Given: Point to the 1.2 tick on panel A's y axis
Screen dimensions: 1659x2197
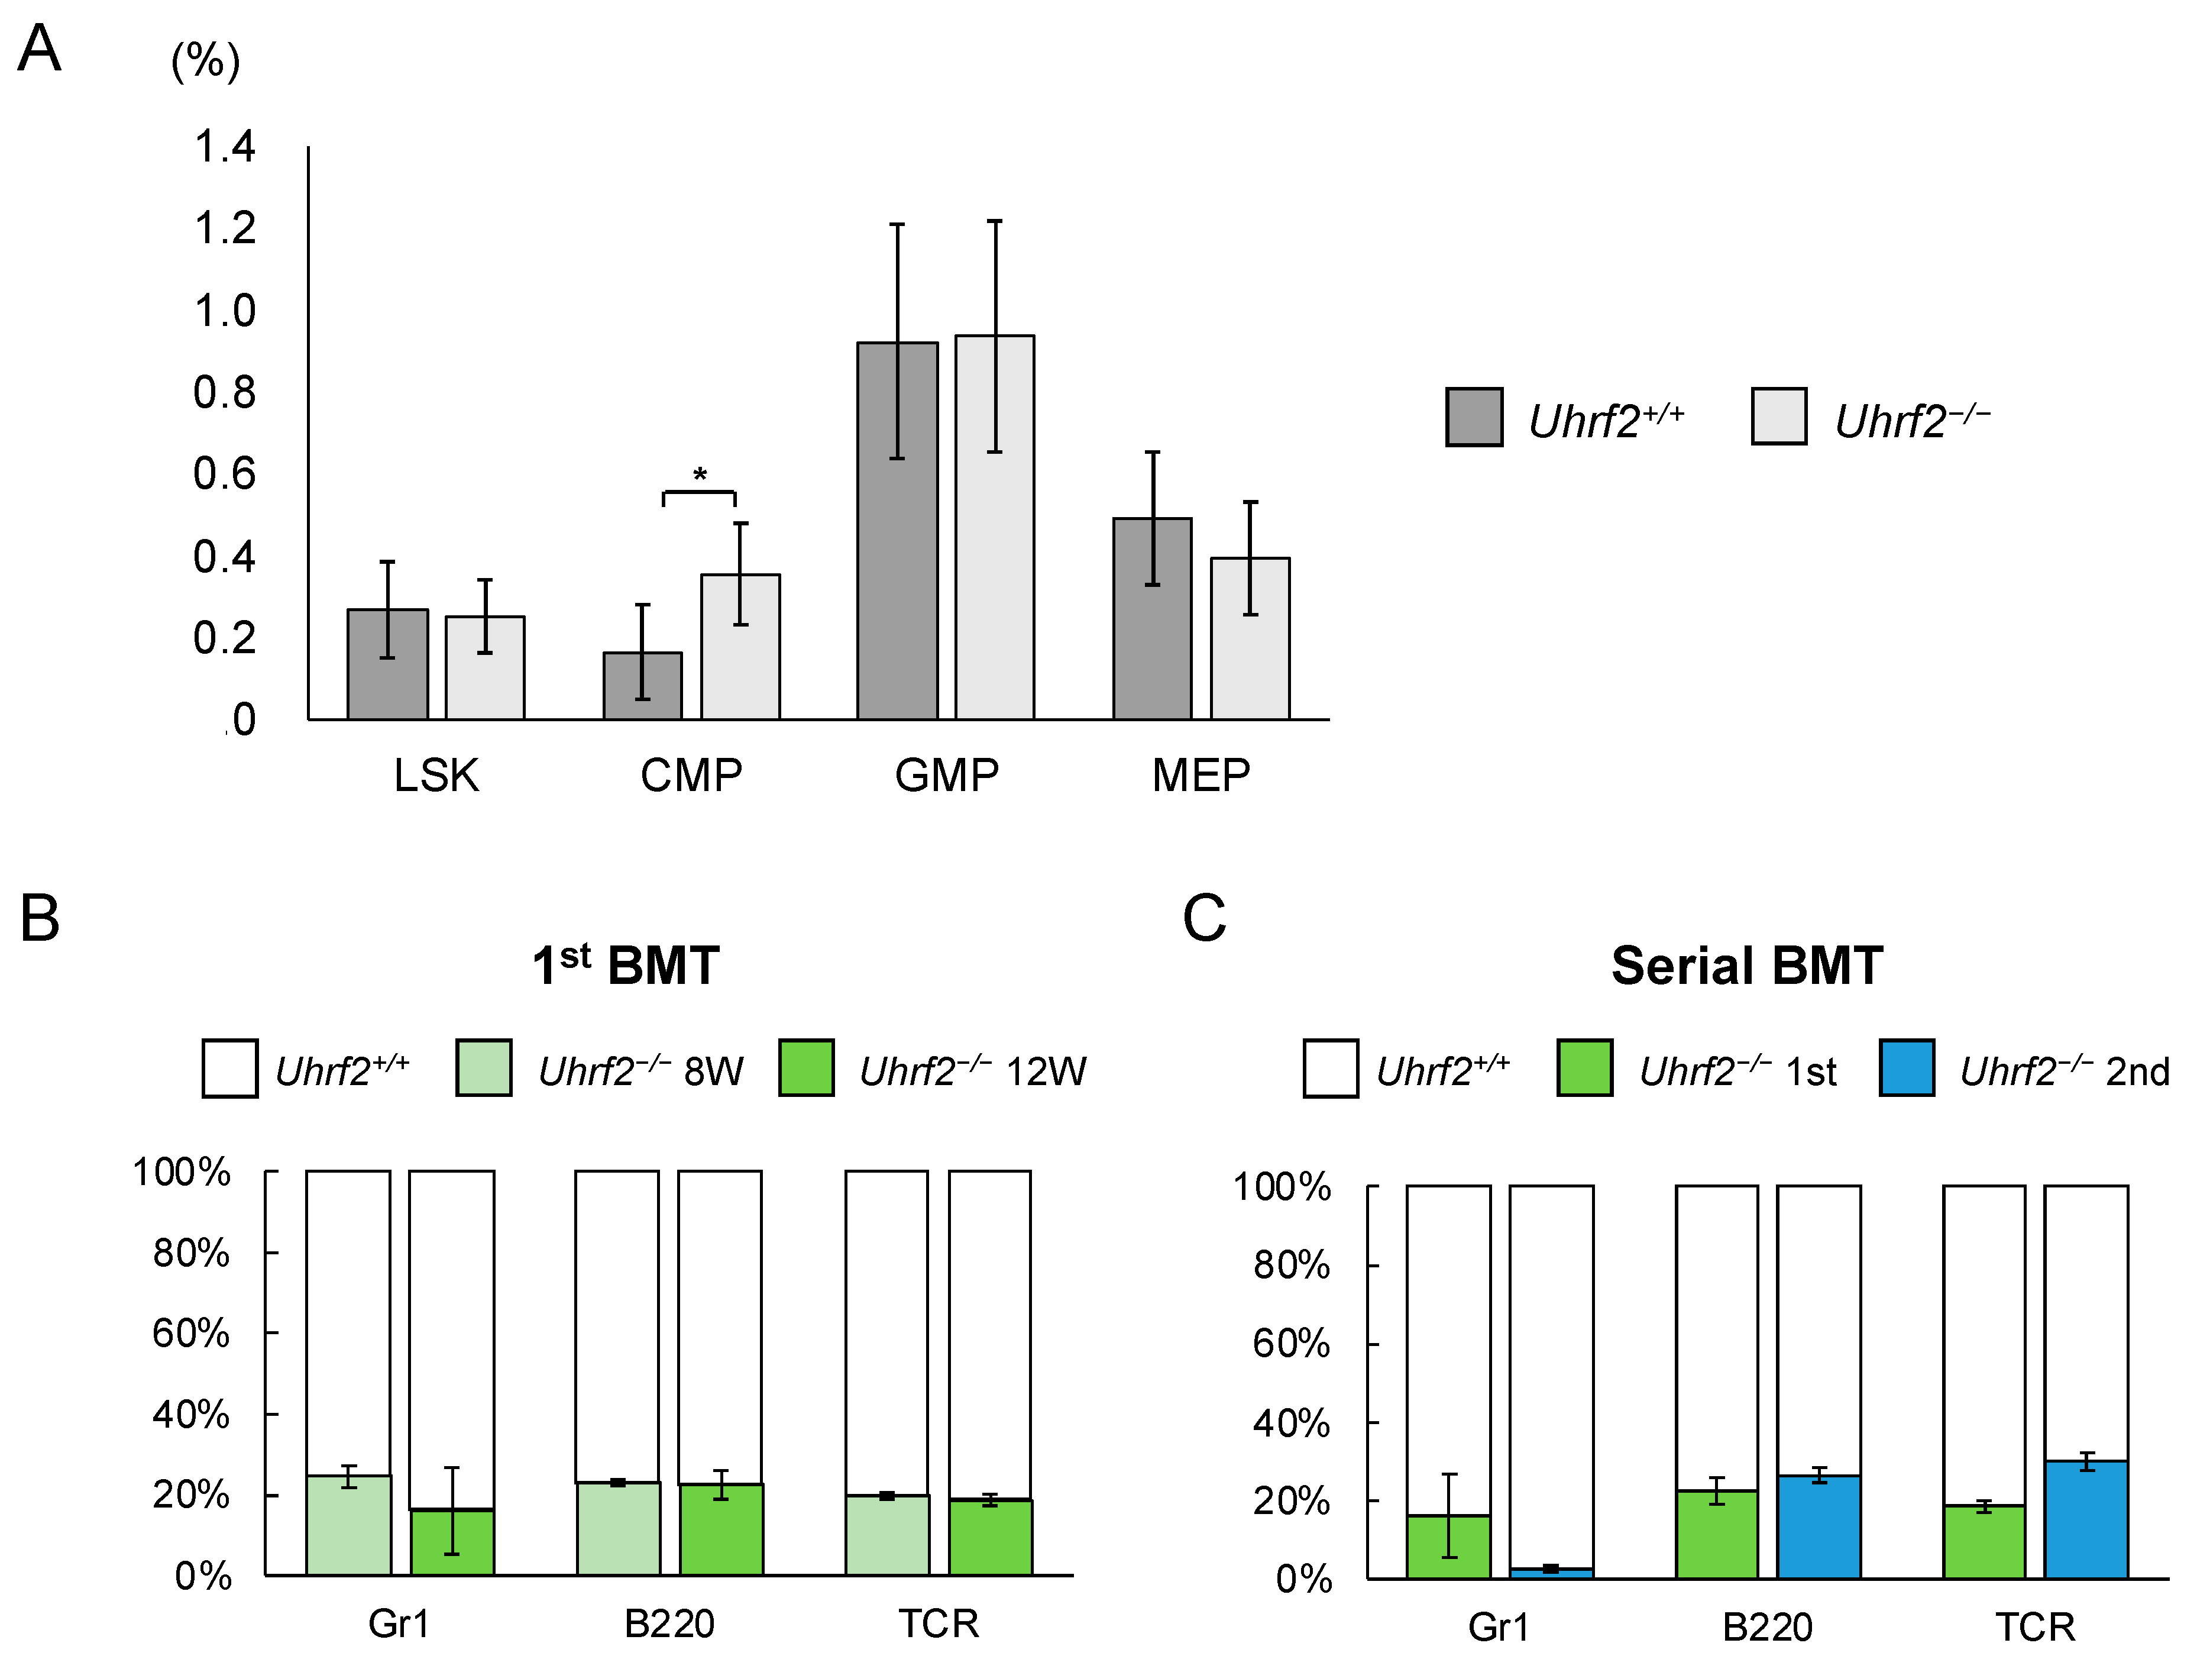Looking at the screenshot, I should (x=225, y=228).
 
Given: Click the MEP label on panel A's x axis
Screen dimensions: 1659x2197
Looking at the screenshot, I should (x=1201, y=775).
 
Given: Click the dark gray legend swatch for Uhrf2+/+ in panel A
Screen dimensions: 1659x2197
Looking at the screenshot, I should (x=1473, y=417).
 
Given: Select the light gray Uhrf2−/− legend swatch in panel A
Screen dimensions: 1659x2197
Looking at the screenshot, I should (x=1778, y=417).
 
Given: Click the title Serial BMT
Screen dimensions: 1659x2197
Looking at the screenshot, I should (x=1746, y=964).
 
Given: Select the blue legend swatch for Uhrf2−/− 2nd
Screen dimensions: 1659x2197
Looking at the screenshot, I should (x=1906, y=1068).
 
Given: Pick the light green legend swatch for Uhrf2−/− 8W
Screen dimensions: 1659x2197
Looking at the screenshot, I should (x=484, y=1068).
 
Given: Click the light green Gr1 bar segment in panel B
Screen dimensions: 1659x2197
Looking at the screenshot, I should (x=348, y=1530).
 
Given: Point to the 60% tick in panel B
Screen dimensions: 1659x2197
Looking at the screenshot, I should (x=190, y=1333).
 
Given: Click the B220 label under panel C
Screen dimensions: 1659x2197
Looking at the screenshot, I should (x=1767, y=1627).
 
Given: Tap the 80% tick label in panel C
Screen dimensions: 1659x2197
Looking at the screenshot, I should (x=1291, y=1264).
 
